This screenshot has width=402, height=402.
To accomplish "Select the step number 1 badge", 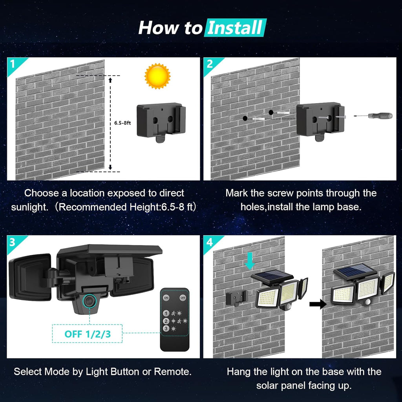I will (x=13, y=64).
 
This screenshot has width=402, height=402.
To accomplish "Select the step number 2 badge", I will (x=209, y=64).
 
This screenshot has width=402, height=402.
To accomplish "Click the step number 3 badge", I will (x=13, y=242).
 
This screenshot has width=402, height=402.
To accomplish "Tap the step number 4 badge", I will (x=209, y=242).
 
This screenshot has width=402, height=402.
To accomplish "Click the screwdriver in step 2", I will (x=373, y=116).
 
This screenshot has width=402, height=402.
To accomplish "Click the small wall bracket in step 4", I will (x=236, y=298).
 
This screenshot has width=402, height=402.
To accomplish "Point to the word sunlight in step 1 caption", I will (x=27, y=207).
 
